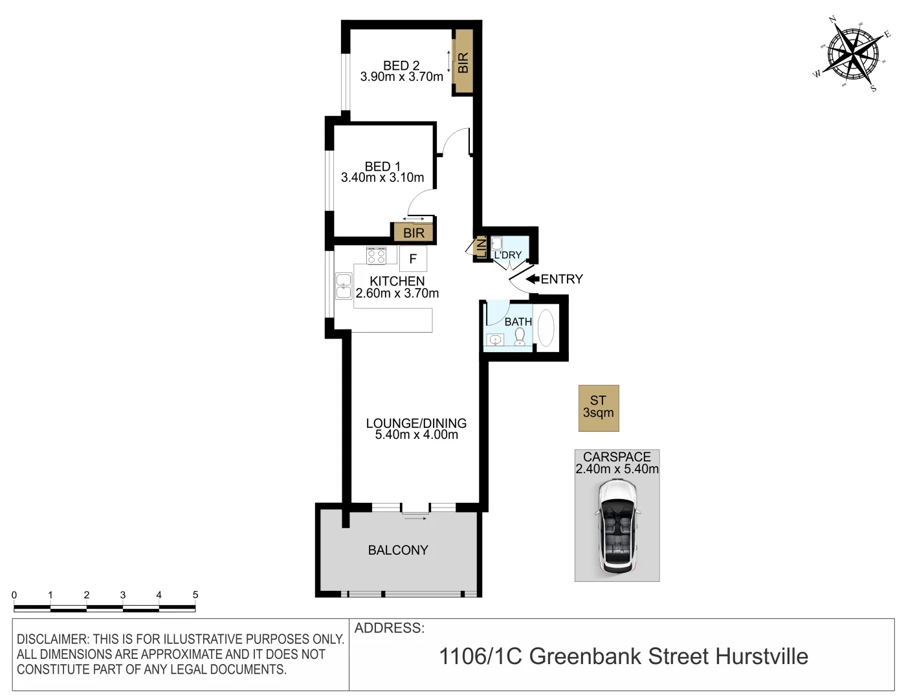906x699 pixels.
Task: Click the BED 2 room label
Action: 401,65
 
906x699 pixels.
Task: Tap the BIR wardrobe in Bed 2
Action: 463,62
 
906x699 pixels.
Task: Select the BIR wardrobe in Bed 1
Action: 414,232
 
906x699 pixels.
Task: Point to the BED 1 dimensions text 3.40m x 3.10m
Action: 382,177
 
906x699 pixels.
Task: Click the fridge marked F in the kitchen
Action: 413,259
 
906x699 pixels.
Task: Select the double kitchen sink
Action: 344,287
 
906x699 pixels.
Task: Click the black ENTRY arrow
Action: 533,279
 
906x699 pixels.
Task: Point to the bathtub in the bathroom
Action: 546,329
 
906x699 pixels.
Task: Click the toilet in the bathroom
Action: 520,337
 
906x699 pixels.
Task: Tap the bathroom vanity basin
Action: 495,340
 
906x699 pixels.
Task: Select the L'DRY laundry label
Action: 507,255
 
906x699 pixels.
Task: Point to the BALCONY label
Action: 398,550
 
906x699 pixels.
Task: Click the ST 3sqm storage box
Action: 599,408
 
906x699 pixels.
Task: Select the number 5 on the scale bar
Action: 195,595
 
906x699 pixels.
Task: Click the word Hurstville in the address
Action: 762,656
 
